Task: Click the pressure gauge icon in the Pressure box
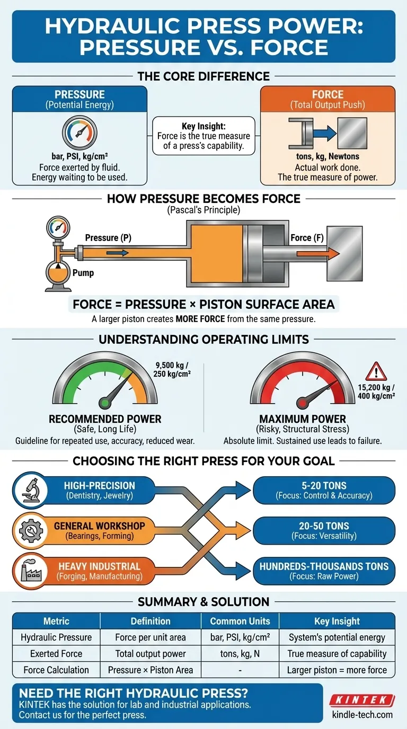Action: coord(79,132)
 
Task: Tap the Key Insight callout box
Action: coord(203,136)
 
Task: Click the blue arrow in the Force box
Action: coord(325,133)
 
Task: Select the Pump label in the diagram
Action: coord(83,273)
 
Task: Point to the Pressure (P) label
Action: coord(108,238)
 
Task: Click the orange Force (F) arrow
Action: coord(318,253)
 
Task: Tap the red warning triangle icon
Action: coord(376,371)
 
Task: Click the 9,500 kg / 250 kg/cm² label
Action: coord(172,369)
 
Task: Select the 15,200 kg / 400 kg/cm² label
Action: coord(376,392)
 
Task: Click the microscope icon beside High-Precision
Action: coord(31,490)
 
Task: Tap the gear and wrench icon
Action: coord(31,530)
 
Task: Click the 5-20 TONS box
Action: coord(324,490)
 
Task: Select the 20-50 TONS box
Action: coord(324,530)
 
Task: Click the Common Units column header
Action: coord(240,621)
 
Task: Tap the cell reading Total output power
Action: coord(151,653)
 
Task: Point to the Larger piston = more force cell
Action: coord(337,670)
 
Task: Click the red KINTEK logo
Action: coord(362,700)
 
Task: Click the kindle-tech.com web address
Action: coord(362,715)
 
